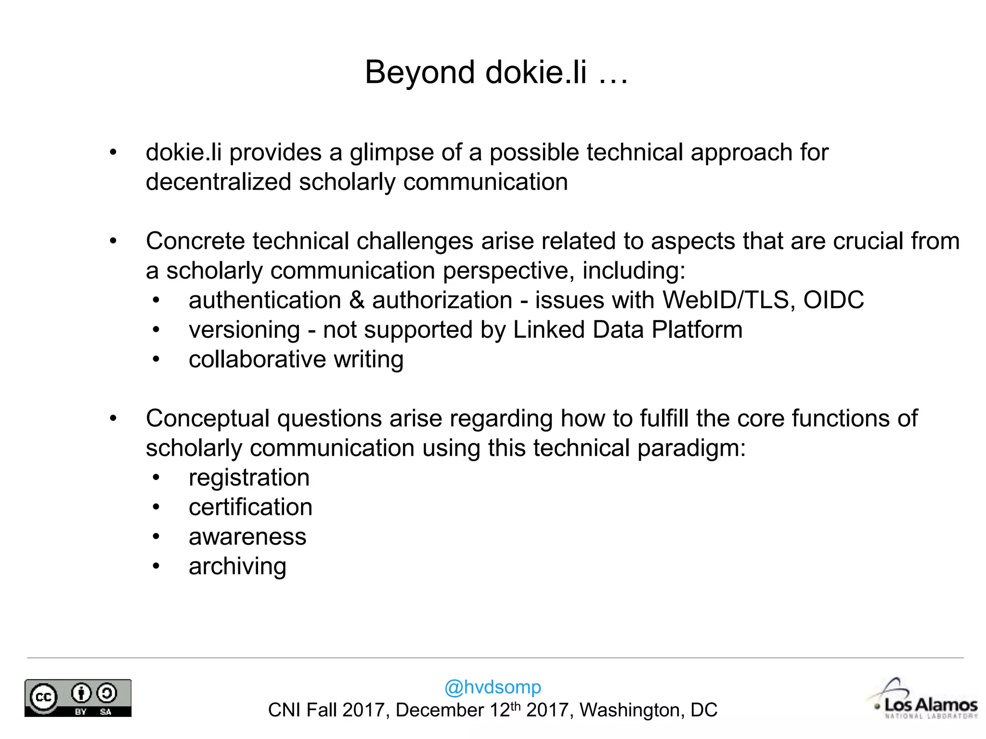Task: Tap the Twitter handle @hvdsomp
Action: click(x=493, y=687)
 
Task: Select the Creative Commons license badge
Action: click(x=78, y=698)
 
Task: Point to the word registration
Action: click(x=249, y=478)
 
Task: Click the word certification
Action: click(x=250, y=507)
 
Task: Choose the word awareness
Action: click(x=247, y=537)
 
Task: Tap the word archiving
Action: click(x=237, y=566)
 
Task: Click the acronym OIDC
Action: click(x=833, y=300)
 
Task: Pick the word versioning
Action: click(x=245, y=330)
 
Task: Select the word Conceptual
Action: click(x=208, y=419)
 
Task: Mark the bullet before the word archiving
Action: click(x=156, y=566)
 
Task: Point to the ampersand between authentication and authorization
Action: click(x=357, y=300)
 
